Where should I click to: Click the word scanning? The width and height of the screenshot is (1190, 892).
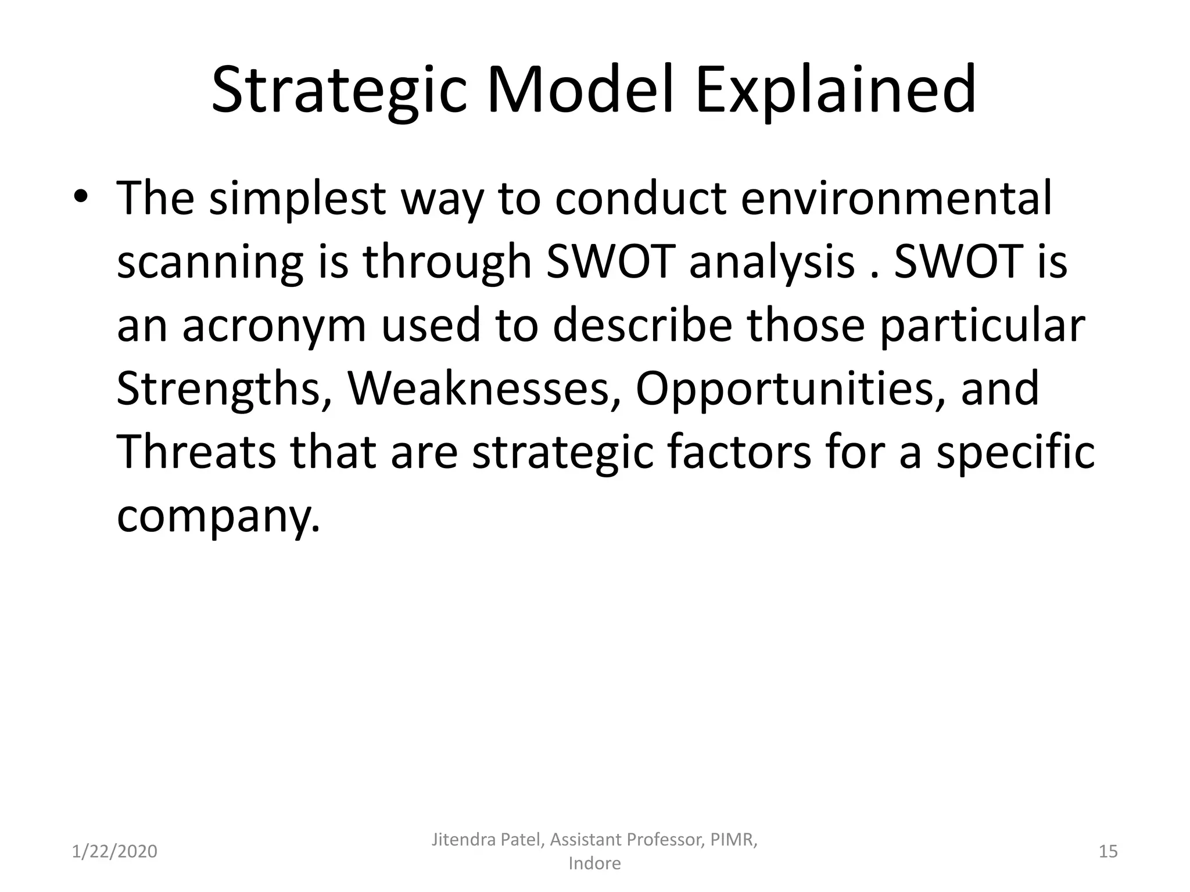click(210, 262)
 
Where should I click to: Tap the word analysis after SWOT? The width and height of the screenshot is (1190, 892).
click(772, 262)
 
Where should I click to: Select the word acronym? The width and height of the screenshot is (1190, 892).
click(274, 326)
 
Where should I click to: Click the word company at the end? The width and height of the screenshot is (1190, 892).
click(217, 516)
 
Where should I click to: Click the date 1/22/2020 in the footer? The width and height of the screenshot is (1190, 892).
click(114, 851)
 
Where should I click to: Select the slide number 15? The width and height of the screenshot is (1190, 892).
click(1108, 851)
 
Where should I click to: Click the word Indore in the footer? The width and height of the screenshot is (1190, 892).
click(594, 864)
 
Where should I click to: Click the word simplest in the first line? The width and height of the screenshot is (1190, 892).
click(297, 198)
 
